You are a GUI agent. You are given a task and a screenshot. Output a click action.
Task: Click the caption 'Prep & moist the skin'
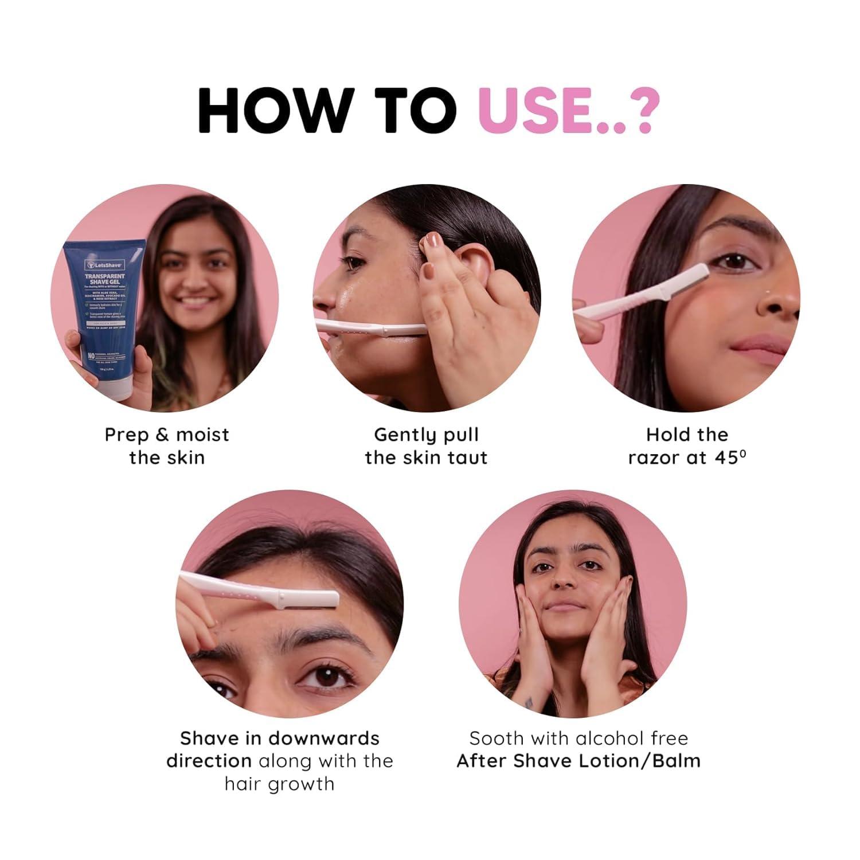pos(166,446)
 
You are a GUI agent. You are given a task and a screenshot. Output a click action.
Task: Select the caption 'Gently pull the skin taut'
pos(426,446)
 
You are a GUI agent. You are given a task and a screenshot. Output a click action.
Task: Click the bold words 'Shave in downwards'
pos(279,738)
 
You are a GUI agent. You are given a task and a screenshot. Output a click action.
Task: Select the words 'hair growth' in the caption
pos(279,783)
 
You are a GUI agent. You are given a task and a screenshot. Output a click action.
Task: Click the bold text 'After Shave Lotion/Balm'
pos(578,761)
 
